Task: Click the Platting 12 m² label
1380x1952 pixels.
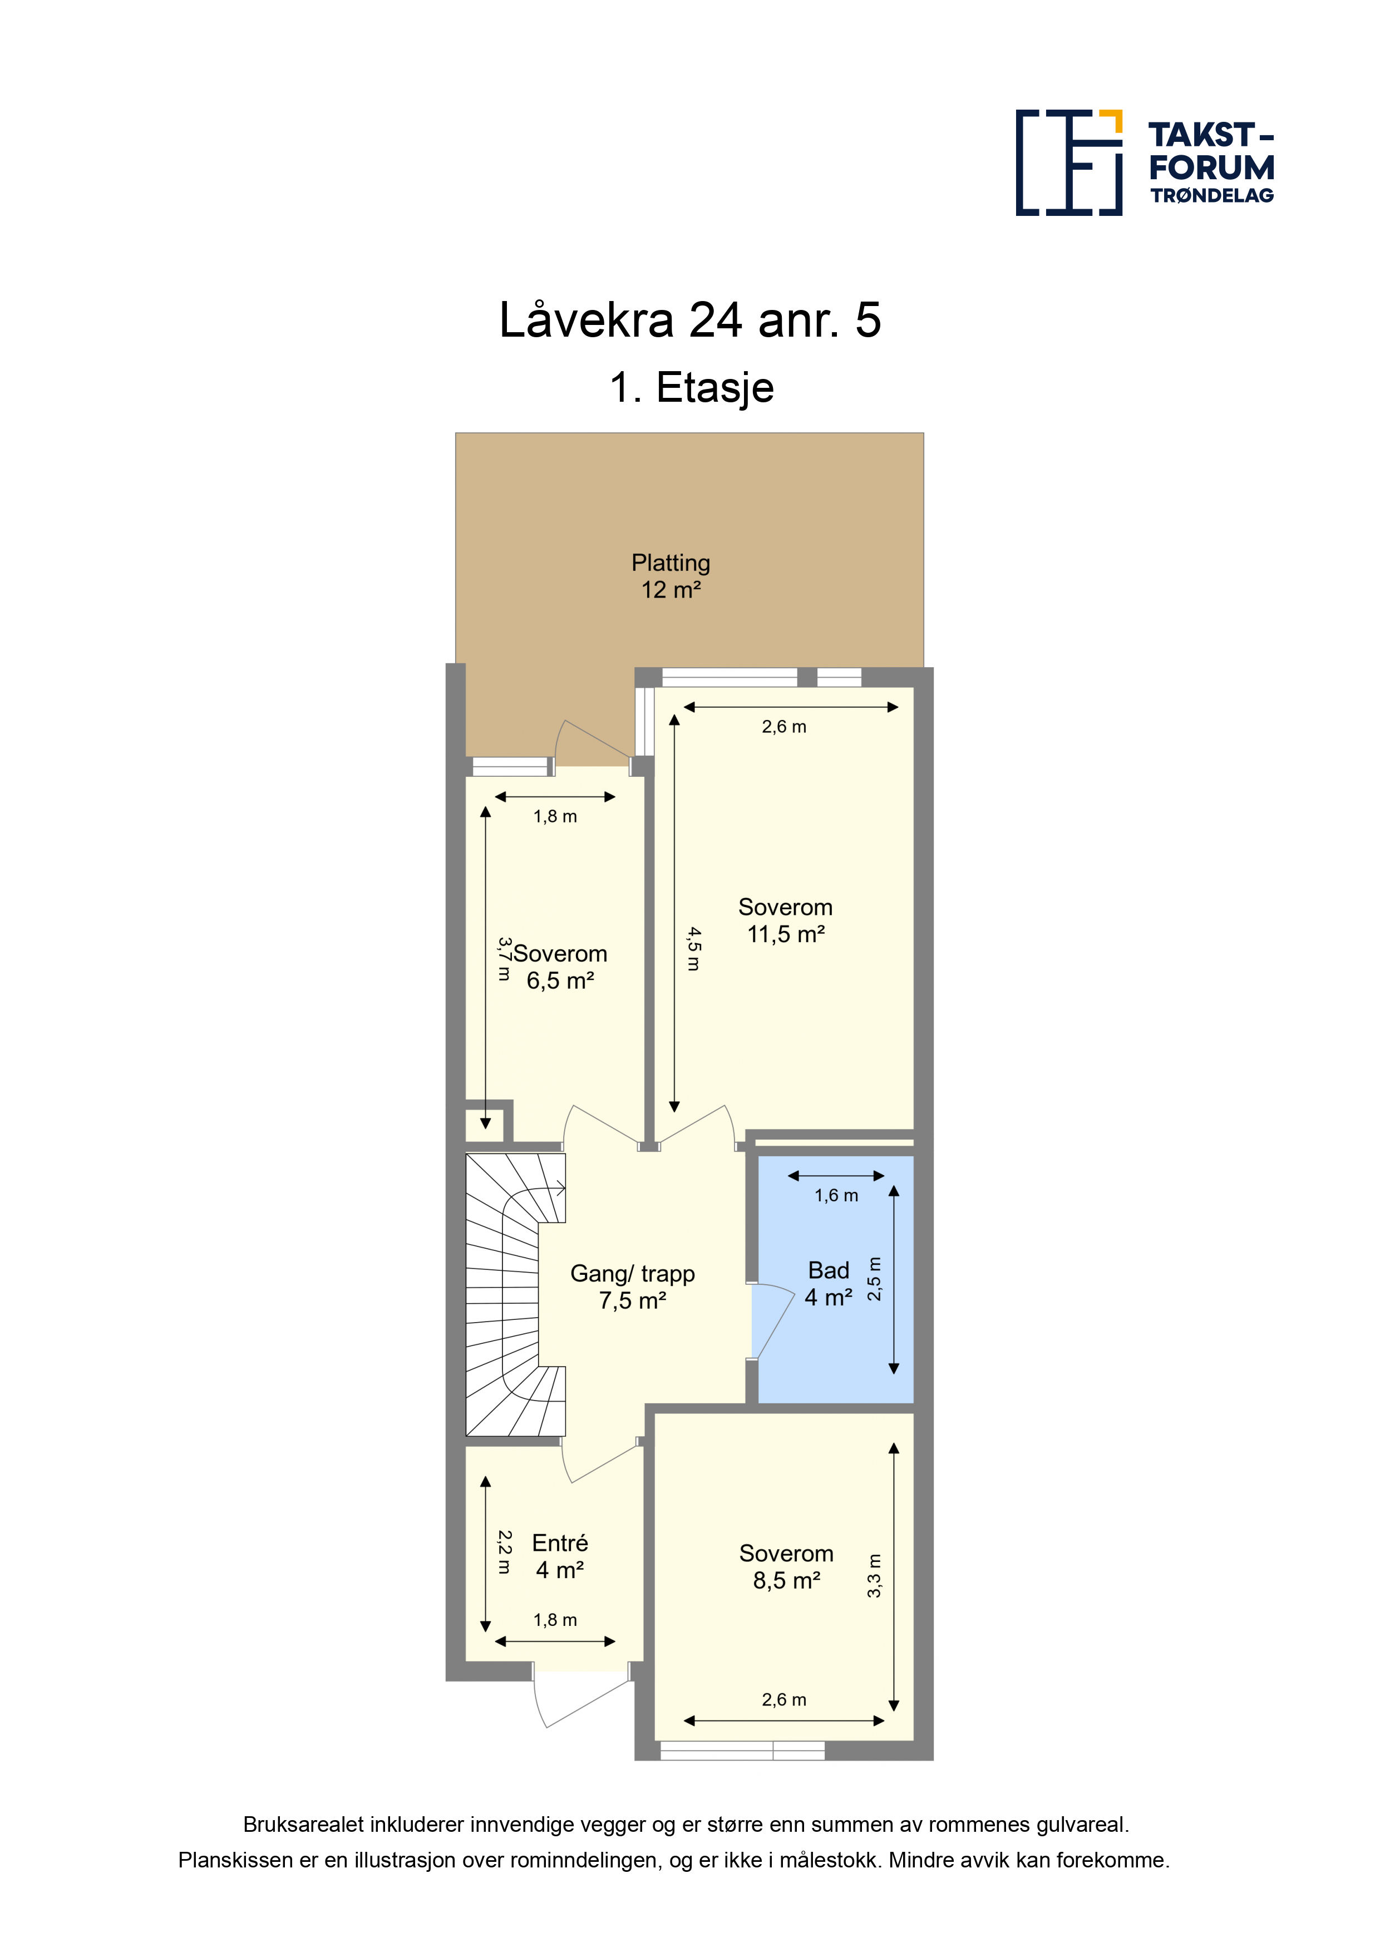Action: tap(671, 575)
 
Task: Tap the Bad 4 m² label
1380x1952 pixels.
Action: tap(828, 1284)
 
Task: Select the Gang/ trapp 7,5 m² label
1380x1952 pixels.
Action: tap(633, 1287)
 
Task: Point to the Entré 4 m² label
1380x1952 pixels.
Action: tap(559, 1556)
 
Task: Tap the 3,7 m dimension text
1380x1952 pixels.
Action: tap(504, 959)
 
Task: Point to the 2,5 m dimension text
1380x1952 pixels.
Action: tap(874, 1279)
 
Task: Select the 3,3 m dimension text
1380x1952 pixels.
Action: tap(874, 1575)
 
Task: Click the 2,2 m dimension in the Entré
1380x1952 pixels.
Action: tap(504, 1552)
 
